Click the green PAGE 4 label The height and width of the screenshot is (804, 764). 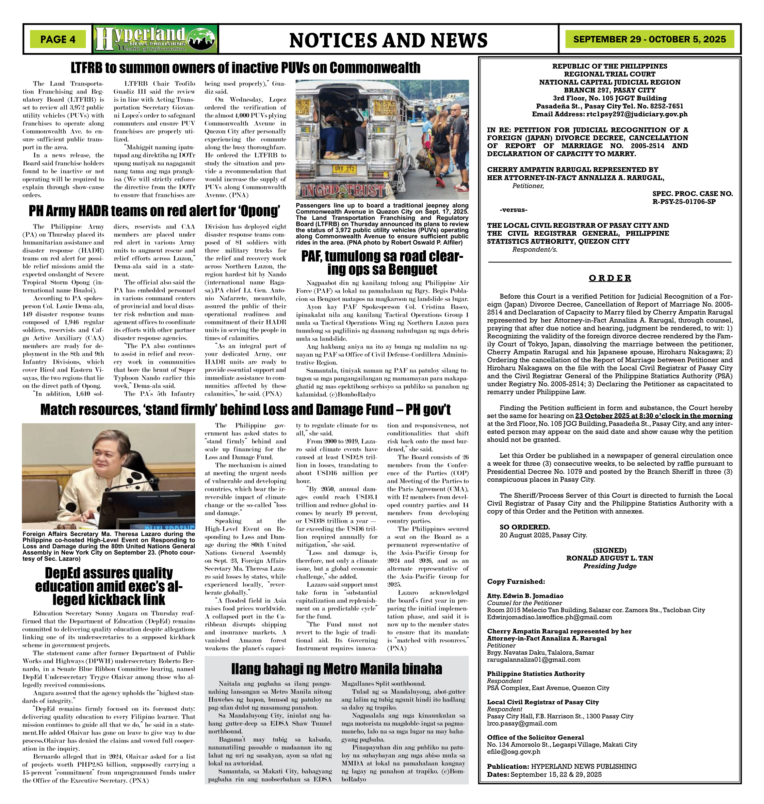coord(58,40)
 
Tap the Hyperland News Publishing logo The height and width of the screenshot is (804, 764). coord(155,39)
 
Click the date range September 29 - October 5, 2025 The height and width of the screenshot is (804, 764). coord(649,40)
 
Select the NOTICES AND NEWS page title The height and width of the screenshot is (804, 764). coord(388,40)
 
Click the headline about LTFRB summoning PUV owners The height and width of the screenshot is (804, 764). coord(246,68)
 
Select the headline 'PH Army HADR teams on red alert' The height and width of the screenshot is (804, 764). coord(154,211)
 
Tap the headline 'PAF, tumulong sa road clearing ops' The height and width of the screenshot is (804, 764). coord(382,263)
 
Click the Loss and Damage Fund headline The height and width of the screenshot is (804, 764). coord(245,410)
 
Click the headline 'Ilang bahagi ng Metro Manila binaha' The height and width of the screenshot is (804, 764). coord(336,669)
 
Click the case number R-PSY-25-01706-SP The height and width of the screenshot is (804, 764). coord(684,202)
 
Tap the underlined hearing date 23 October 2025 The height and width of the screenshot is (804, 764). coord(653,416)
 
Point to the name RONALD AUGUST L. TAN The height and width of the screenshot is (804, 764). coord(609,558)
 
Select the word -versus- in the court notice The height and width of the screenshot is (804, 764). coord(513,210)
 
